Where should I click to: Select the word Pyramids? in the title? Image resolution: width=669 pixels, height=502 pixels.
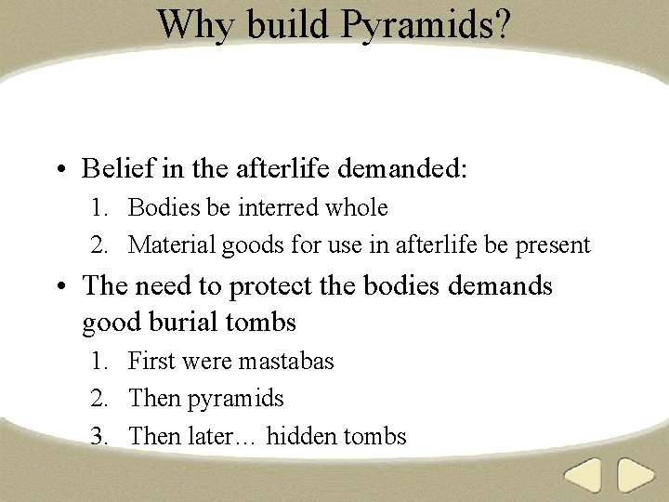coord(425,25)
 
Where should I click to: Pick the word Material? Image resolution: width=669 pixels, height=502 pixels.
coord(172,245)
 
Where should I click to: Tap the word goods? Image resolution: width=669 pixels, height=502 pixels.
coord(251,246)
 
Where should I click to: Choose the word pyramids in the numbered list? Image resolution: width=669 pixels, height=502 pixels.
coord(235,400)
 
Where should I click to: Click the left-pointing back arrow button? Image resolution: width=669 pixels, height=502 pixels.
coord(584,476)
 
